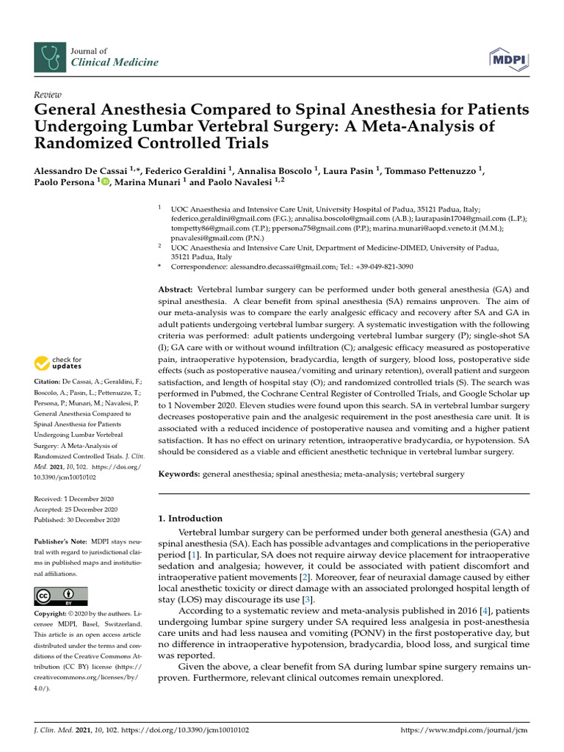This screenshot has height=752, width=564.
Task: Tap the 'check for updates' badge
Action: [58, 363]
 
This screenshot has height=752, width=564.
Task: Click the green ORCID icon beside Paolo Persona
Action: [104, 183]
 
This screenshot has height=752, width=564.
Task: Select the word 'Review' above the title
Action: [48, 95]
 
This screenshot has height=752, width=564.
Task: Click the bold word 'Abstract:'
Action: [176, 290]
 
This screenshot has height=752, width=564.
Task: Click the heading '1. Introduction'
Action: [191, 518]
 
